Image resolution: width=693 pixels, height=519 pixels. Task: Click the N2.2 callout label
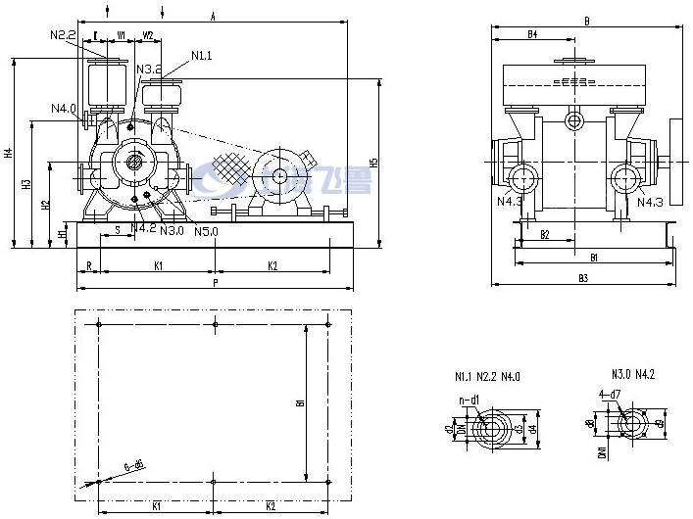(x=63, y=35)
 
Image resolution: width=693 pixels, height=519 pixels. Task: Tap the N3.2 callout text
(x=149, y=70)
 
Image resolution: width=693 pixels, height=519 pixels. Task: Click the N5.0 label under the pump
(x=207, y=232)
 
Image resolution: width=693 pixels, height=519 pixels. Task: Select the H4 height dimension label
(x=9, y=154)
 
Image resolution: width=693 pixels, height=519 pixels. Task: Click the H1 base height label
(x=63, y=234)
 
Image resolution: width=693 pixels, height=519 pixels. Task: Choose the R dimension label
(x=88, y=265)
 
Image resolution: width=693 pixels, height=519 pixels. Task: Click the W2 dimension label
(x=148, y=36)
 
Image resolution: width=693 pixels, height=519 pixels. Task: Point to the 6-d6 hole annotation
(x=135, y=467)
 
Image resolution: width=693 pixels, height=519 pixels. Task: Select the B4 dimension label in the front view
(x=532, y=34)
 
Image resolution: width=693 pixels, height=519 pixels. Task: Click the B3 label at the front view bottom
(x=583, y=279)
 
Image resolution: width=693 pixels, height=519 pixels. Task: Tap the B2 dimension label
(x=545, y=235)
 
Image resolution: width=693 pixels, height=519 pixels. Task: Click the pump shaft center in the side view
(x=131, y=163)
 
